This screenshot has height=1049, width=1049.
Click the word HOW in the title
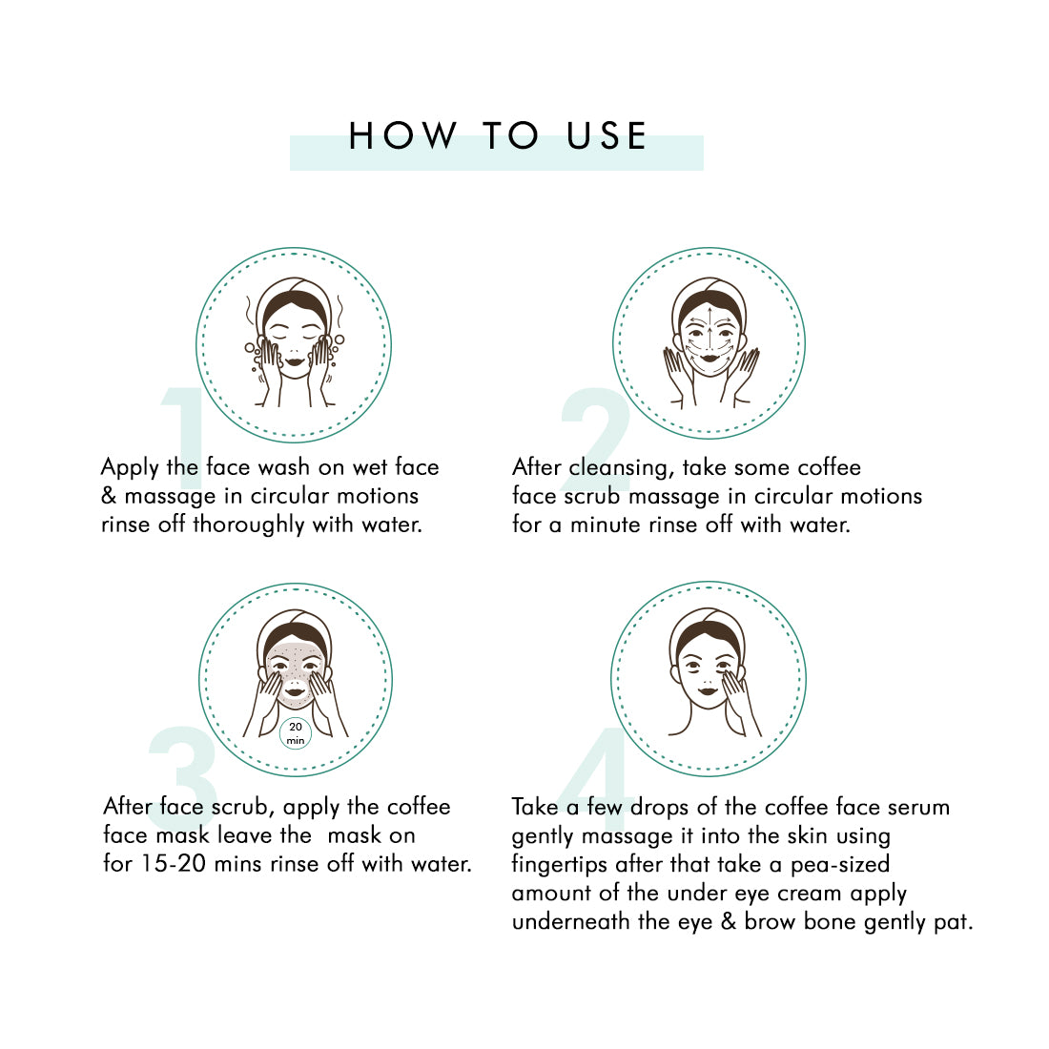pyautogui.click(x=402, y=135)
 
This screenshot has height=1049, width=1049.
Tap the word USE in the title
pyautogui.click(x=607, y=135)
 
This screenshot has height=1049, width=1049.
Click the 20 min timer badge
pyautogui.click(x=295, y=733)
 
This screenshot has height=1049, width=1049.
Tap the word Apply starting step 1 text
pyautogui.click(x=130, y=468)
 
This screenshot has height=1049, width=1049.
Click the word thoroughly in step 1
pyautogui.click(x=249, y=525)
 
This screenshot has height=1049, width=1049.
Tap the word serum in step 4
pyautogui.click(x=918, y=808)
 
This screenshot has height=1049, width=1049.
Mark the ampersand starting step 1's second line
pyautogui.click(x=109, y=497)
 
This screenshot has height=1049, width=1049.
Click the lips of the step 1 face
pyautogui.click(x=295, y=362)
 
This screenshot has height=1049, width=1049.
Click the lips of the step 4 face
pyautogui.click(x=708, y=691)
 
